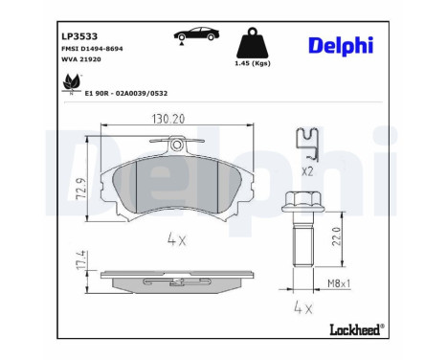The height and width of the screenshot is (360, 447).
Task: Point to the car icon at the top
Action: (x=193, y=35)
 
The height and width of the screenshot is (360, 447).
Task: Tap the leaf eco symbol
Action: (x=71, y=86)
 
